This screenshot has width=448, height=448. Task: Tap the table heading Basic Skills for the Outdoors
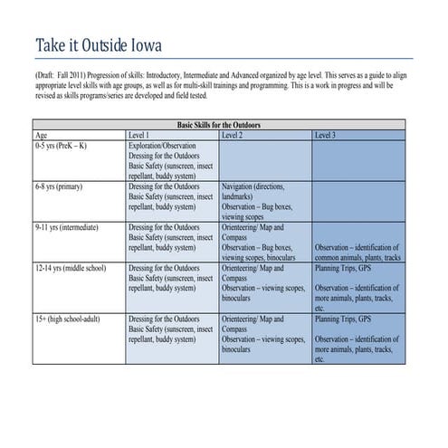[217, 124]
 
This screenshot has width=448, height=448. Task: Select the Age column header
[41, 134]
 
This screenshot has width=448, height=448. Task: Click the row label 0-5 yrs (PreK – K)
[62, 145]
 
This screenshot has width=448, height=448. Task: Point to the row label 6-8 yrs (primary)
[58, 186]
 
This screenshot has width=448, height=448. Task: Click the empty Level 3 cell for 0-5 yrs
[357, 159]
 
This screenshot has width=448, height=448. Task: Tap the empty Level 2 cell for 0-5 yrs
[265, 159]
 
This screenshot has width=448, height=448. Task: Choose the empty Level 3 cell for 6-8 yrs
[357, 201]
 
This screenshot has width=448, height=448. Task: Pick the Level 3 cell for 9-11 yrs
[357, 252]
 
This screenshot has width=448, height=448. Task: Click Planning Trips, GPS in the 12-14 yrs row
[343, 269]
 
